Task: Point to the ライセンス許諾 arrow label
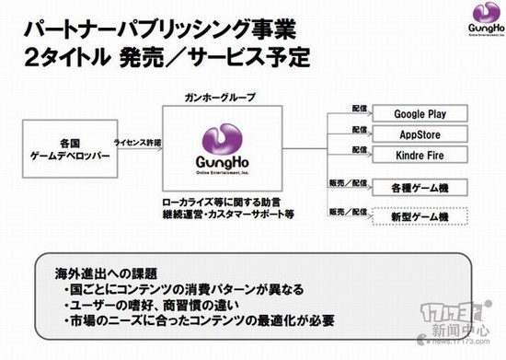point(136,145)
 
